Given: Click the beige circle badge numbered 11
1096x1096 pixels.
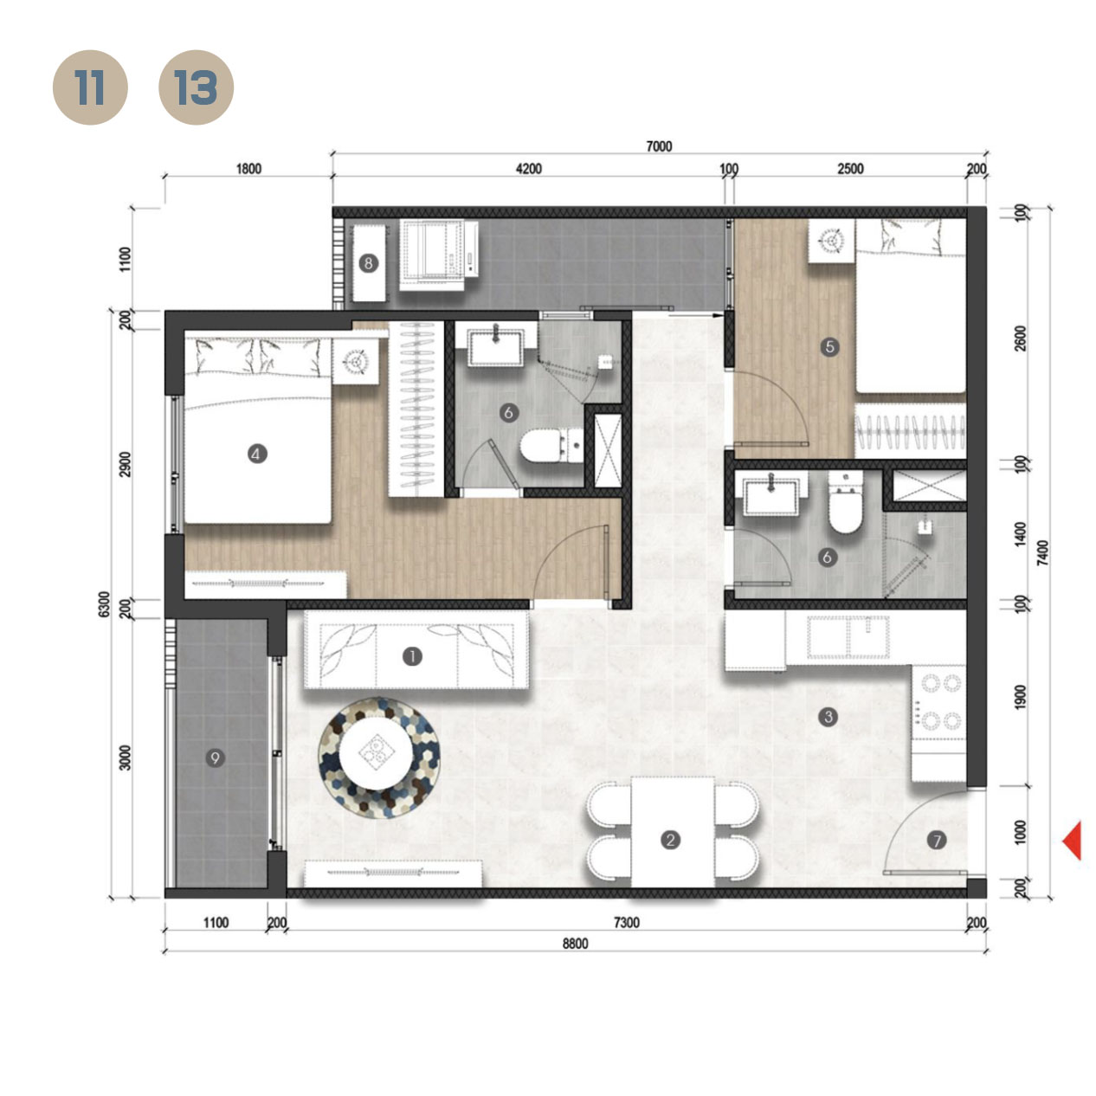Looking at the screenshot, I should (90, 87).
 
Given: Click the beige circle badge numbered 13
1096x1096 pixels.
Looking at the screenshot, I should (197, 87).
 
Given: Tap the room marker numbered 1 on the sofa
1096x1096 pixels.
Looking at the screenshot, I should (412, 656).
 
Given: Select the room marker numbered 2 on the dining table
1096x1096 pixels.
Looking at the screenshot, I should (669, 839).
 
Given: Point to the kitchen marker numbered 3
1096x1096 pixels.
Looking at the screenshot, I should (828, 717).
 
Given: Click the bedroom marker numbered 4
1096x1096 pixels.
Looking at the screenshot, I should (256, 453).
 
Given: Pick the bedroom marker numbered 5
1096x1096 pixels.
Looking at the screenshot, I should (829, 347).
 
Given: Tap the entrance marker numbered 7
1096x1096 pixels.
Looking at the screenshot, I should (936, 839).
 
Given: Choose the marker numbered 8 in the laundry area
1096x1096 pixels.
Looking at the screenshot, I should (369, 262).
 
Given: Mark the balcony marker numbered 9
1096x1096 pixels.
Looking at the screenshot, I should (215, 758).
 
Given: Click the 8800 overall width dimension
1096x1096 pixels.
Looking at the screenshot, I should (575, 944).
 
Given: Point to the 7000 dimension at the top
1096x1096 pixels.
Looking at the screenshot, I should (659, 146).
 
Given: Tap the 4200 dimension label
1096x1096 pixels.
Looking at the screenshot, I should (528, 169).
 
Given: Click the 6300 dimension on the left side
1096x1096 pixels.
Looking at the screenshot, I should (105, 604).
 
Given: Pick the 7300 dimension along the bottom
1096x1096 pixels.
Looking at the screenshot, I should (626, 923).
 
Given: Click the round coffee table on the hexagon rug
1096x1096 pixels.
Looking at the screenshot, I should (378, 753).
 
